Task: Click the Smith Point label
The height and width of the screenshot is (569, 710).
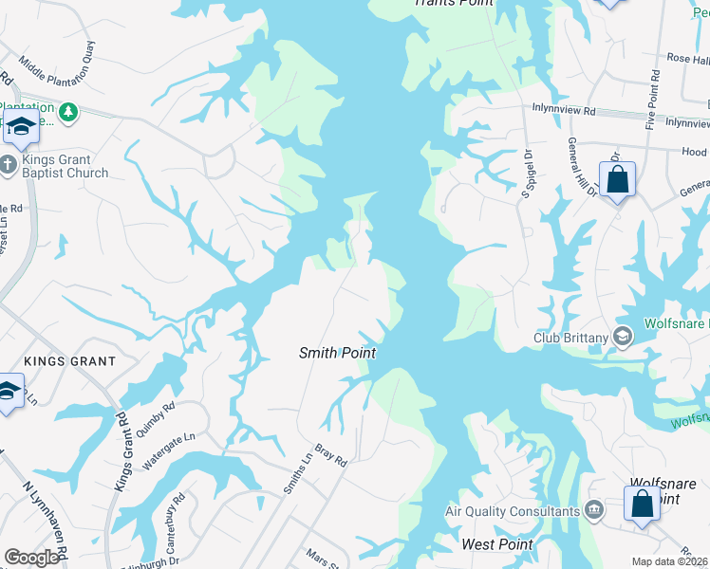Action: [338, 353]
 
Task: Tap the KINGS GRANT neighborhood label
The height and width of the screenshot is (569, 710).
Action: [69, 361]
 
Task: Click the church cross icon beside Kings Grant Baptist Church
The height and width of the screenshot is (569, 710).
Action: [8, 166]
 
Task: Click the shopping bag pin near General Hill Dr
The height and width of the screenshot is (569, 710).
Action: [617, 179]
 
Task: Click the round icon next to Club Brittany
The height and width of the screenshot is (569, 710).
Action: [623, 336]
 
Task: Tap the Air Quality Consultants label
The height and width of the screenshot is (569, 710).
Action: [513, 512]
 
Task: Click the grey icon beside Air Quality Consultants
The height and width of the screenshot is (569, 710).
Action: [594, 512]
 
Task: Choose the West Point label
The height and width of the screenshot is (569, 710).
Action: [496, 544]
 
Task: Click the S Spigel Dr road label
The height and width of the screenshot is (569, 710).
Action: [525, 173]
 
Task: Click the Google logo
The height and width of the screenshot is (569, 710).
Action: [32, 558]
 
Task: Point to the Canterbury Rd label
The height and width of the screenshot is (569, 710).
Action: [177, 513]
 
